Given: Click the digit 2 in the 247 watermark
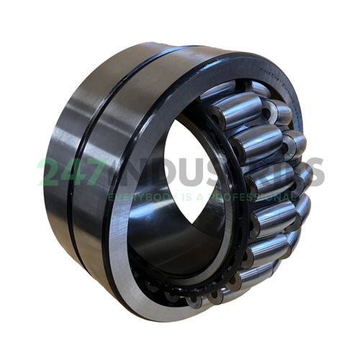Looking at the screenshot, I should (51, 172).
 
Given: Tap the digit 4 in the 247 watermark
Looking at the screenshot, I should (76, 172).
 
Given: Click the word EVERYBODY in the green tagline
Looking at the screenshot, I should (136, 196).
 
